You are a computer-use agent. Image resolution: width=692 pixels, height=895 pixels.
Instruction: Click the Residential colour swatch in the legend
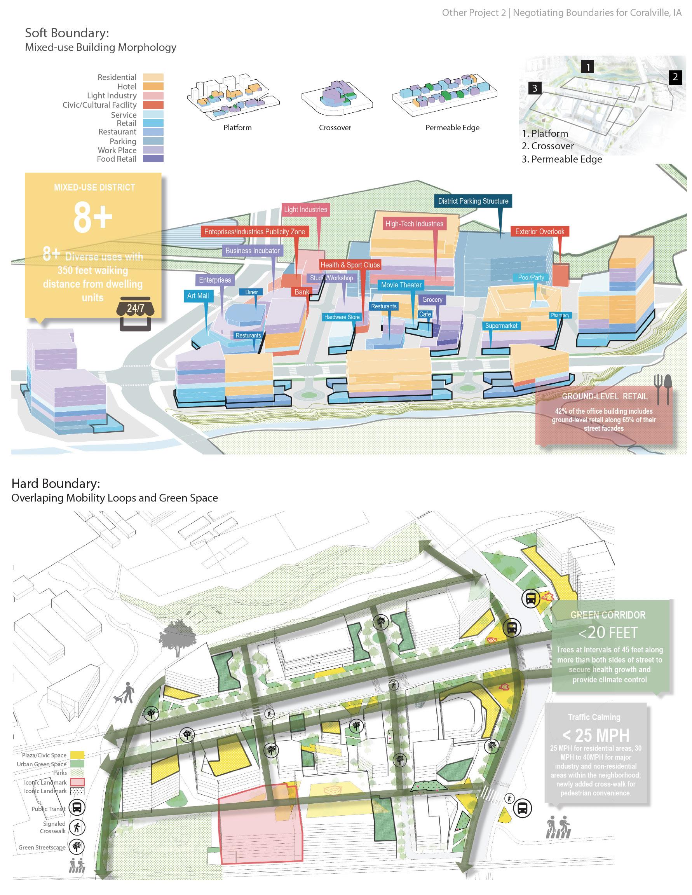pos(153,77)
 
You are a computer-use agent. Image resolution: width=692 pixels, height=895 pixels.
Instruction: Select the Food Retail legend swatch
pos(153,159)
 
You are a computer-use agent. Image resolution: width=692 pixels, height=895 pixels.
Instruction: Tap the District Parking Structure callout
pos(473,201)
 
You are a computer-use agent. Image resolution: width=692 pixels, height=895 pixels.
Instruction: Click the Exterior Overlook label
pos(539,232)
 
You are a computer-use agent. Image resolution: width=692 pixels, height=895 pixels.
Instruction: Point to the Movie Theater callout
pos(401,285)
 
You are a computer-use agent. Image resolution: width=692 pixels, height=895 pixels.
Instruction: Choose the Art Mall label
pos(198,295)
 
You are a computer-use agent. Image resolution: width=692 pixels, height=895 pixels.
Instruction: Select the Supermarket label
pos(501,326)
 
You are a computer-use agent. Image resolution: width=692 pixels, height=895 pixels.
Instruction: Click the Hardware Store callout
pos(342,317)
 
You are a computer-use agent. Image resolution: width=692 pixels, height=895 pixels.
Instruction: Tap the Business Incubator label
pos(252,250)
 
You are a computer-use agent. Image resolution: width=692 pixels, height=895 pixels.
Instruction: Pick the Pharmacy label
pos(560,315)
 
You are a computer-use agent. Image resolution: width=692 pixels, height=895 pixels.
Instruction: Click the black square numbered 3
pos(535,88)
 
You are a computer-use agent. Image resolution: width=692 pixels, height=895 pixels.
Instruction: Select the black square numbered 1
pos(588,66)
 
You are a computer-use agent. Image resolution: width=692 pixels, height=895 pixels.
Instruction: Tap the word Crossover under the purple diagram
pos(335,128)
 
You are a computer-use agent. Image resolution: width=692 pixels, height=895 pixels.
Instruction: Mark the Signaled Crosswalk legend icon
pos(77,827)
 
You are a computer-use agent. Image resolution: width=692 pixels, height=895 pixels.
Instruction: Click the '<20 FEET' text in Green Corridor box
pos(608,633)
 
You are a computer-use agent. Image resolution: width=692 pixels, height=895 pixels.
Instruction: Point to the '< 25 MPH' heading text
pos(596,736)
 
